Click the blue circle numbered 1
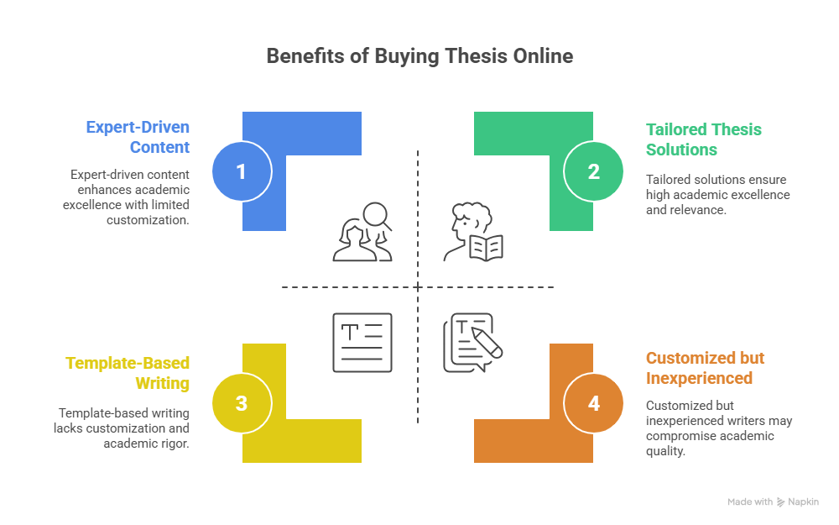(x=242, y=171)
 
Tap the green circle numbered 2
(x=593, y=171)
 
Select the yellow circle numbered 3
(x=242, y=403)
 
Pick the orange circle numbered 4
(x=593, y=403)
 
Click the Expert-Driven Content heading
(x=138, y=137)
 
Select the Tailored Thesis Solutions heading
(x=704, y=139)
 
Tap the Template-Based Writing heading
(x=128, y=373)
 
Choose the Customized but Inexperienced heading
(x=706, y=368)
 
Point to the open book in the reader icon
(x=486, y=249)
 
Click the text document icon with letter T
(x=362, y=343)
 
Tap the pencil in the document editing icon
(x=487, y=343)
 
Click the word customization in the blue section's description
(x=148, y=219)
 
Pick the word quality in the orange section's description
(x=665, y=451)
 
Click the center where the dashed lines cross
(x=418, y=287)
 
